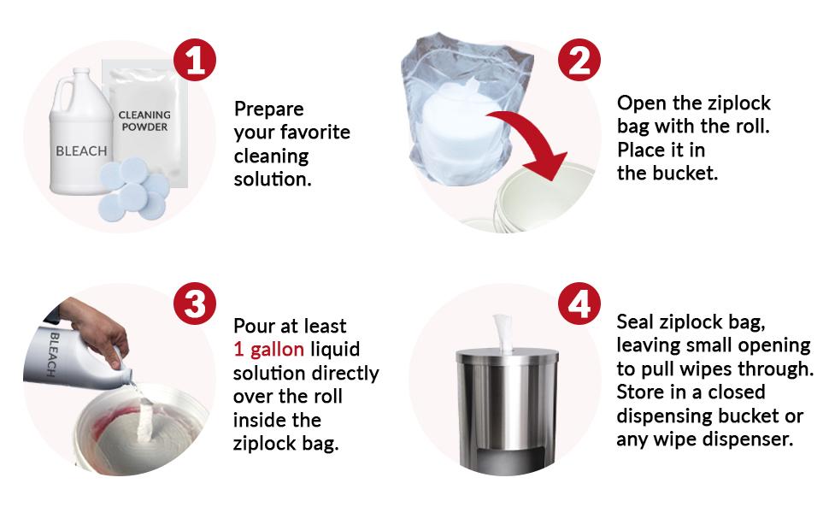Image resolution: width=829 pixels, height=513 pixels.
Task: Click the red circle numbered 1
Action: [x=195, y=60]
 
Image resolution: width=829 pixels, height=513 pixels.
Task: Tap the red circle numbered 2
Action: [x=579, y=60]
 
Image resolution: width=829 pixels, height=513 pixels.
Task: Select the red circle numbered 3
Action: [x=195, y=304]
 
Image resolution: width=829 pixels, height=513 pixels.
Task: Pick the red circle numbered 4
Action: [x=579, y=304]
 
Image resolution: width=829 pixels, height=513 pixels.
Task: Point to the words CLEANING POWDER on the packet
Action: [x=144, y=121]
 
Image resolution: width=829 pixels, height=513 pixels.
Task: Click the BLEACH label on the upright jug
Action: [x=81, y=150]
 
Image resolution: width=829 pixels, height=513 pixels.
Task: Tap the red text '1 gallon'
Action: [x=268, y=349]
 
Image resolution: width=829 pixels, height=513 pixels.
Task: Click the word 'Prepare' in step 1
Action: [x=268, y=109]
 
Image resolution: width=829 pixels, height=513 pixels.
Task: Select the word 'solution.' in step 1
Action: [x=273, y=180]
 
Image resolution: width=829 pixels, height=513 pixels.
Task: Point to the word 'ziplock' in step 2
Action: [x=739, y=103]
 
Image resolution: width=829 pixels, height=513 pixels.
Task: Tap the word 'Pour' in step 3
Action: [x=253, y=326]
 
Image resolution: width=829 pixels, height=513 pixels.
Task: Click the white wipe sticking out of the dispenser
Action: [x=503, y=333]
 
